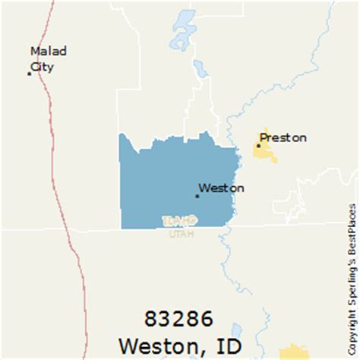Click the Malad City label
48,58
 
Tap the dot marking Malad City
30,74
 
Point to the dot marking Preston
259,145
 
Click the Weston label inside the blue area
222,188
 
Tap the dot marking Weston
197,196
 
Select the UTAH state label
181,233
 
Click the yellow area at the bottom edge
297,353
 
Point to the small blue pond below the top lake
200,69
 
